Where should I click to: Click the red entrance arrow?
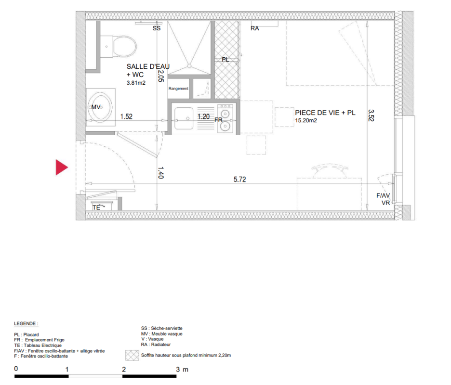pyautogui.click(x=61, y=167)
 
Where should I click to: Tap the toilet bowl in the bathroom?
pyautogui.click(x=125, y=46)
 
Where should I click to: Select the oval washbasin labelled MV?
pyautogui.click(x=100, y=107)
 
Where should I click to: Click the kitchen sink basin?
pyautogui.click(x=184, y=118)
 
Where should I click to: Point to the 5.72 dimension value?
pyautogui.click(x=239, y=180)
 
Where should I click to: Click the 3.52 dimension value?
pyautogui.click(x=371, y=115)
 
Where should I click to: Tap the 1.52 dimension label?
pyautogui.click(x=126, y=116)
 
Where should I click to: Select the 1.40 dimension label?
pyautogui.click(x=161, y=172)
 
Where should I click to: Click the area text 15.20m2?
pyautogui.click(x=306, y=121)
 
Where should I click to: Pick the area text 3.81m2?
pyautogui.click(x=136, y=83)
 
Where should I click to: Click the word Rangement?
pyautogui.click(x=178, y=89)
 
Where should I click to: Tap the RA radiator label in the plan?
pyautogui.click(x=254, y=28)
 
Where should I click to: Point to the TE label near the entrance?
pyautogui.click(x=96, y=207)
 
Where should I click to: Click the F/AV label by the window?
pyautogui.click(x=383, y=196)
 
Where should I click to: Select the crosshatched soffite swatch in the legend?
pyautogui.click(x=132, y=355)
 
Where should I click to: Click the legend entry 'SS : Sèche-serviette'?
pyautogui.click(x=161, y=328)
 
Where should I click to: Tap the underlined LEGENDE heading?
pyautogui.click(x=26, y=323)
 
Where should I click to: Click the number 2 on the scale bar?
pyautogui.click(x=124, y=370)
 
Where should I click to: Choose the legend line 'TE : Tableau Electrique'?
pyautogui.click(x=38, y=346)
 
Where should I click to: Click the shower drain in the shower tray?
pyautogui.click(x=189, y=66)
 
